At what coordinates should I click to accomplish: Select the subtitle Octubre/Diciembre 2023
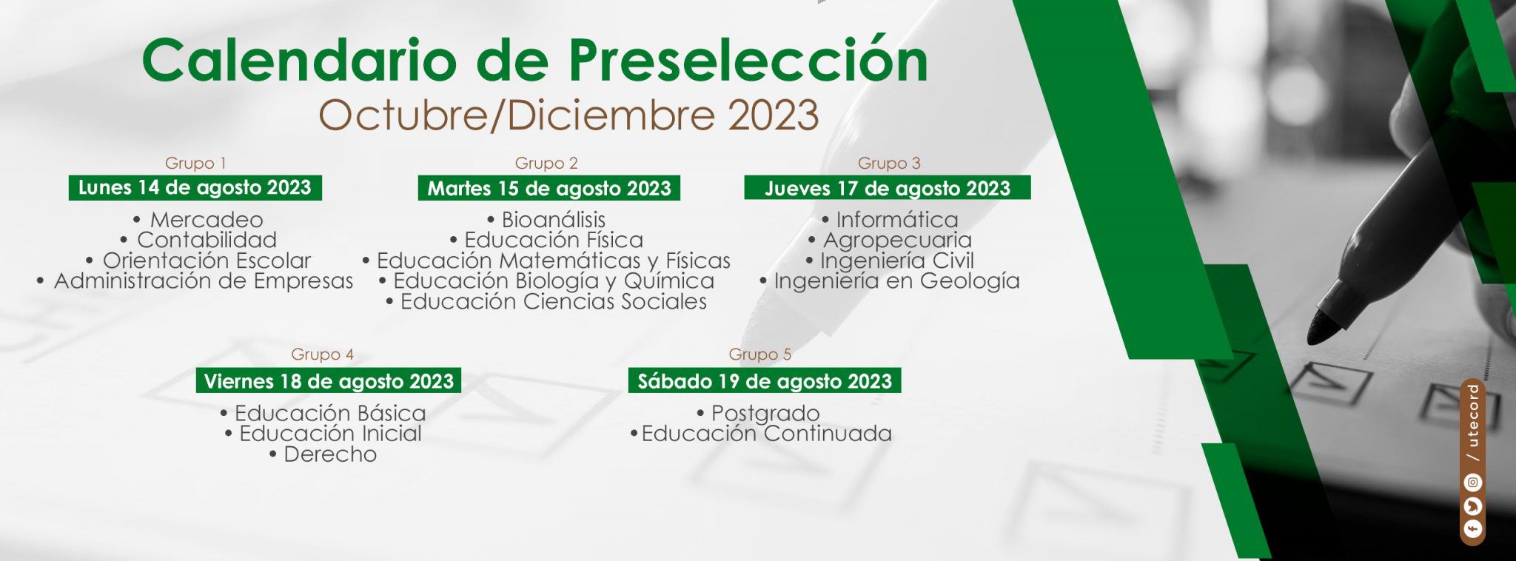[x=568, y=115]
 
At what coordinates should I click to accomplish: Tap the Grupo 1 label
[x=195, y=163]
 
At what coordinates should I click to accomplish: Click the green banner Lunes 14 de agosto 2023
[x=195, y=188]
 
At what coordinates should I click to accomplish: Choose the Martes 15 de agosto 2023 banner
[x=549, y=188]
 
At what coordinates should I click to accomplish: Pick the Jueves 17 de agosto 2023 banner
[x=888, y=188]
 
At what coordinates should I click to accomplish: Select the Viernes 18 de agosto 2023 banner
[x=329, y=381]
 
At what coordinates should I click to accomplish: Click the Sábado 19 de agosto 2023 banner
[x=765, y=381]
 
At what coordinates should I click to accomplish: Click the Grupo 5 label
[x=759, y=355]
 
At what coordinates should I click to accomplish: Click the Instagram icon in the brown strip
[x=1473, y=483]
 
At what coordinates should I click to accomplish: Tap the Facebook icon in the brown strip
[x=1473, y=529]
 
